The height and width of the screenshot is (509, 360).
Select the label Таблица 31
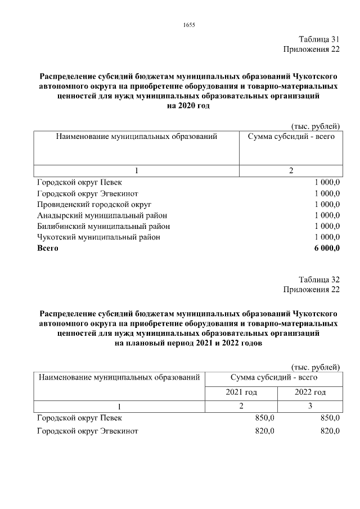click(319, 39)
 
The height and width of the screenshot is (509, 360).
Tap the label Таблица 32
click(319, 279)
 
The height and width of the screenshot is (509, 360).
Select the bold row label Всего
click(48, 248)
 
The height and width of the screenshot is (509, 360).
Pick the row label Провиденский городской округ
click(94, 204)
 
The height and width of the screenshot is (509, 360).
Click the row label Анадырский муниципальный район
click(102, 215)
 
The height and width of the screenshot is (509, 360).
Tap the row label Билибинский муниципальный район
click(103, 226)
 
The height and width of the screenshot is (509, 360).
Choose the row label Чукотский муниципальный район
click(98, 237)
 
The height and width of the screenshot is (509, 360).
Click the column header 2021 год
click(241, 392)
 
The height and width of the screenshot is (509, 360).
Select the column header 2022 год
click(310, 392)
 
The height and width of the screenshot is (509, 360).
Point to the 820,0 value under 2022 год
click(330, 431)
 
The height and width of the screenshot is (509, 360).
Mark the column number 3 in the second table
click(310, 406)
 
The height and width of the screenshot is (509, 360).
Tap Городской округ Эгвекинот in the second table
click(87, 431)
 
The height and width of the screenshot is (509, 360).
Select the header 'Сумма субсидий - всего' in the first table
click(291, 137)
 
